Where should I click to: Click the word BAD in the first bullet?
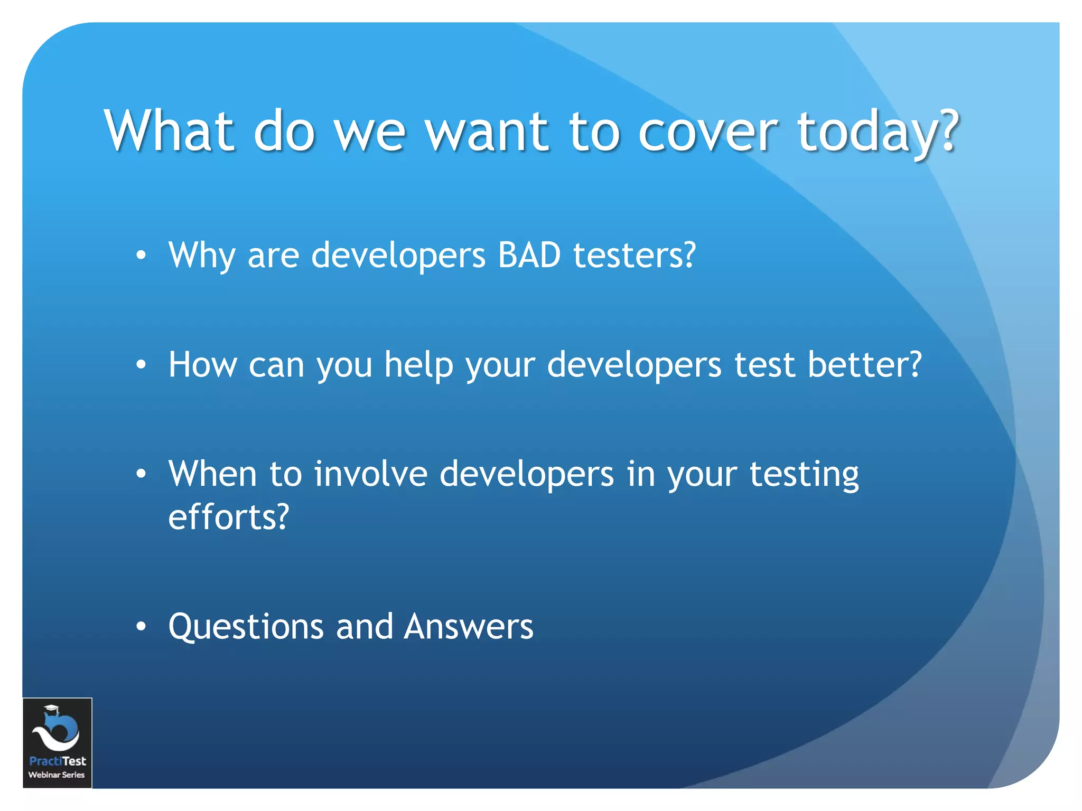point(529,255)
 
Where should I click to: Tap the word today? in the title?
point(878,132)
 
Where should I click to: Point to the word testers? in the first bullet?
point(635,255)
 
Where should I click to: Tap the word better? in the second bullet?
point(864,364)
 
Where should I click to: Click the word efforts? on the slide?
point(229,516)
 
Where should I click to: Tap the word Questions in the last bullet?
point(246,627)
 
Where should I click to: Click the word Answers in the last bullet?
point(469,626)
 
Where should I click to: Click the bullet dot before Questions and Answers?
point(141,627)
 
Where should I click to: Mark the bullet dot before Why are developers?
point(141,256)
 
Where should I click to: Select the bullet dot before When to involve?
point(141,474)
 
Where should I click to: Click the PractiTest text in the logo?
point(58,761)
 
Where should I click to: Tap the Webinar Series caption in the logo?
point(57,775)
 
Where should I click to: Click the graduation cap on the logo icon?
point(51,710)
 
